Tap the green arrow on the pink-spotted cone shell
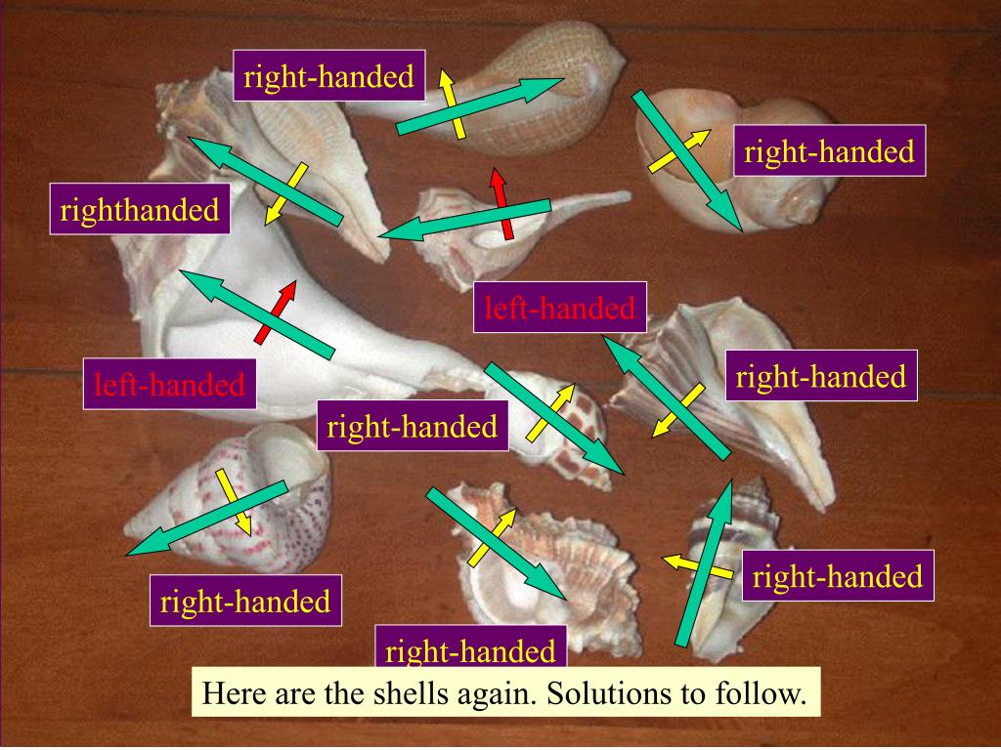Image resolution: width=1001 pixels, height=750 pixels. point(206,519)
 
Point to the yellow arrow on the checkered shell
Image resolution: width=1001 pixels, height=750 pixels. point(551,411)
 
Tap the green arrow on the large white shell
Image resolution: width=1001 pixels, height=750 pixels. point(259,313)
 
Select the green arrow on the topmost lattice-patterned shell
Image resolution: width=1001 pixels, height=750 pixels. point(479,104)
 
